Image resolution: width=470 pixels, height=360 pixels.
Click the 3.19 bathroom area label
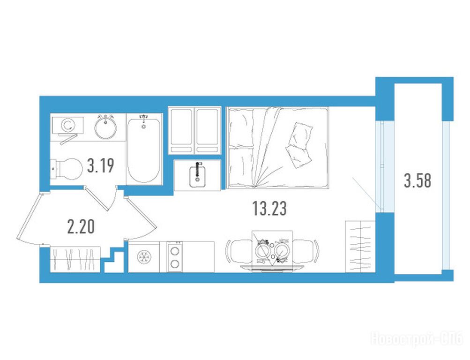100,166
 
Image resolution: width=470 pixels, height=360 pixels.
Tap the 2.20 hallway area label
81,227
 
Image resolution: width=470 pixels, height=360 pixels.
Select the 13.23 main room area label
269,209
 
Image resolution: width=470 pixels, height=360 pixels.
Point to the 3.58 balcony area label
418,181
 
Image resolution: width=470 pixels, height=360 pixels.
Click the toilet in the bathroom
67,169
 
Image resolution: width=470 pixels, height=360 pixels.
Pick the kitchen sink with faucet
197,175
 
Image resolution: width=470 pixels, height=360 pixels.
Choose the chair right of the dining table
306,251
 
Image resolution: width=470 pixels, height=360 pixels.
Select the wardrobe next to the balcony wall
360,247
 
